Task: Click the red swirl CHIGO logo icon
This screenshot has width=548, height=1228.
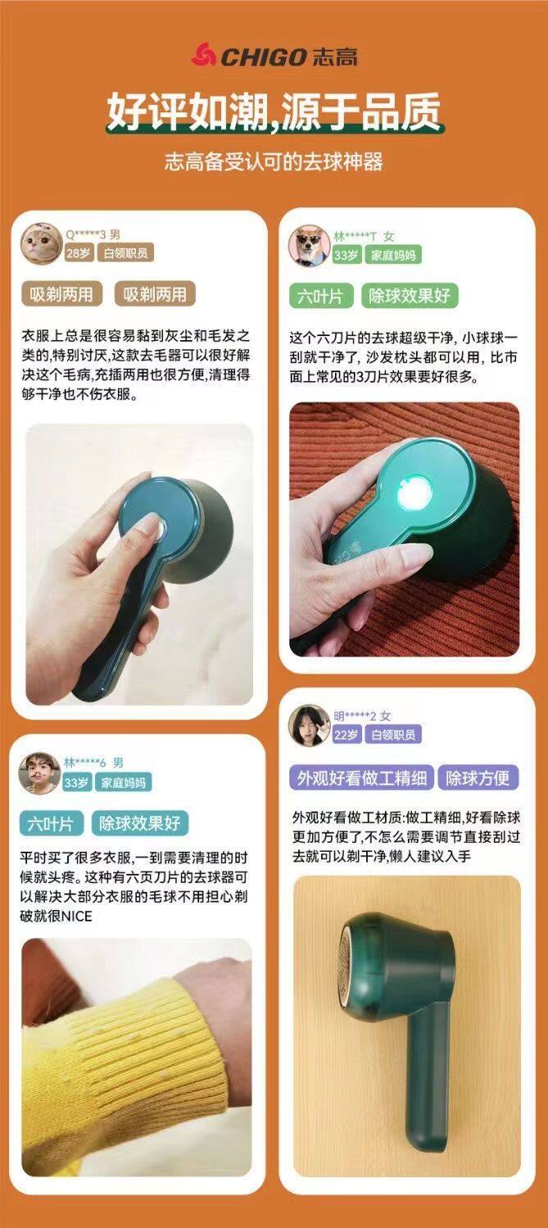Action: pos(203,55)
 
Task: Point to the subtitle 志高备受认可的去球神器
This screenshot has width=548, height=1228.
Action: pos(274,162)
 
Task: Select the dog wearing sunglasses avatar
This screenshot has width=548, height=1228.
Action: pos(309,245)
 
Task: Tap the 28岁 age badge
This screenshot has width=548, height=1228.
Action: pos(79,253)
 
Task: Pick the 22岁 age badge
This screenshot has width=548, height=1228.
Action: pos(346,735)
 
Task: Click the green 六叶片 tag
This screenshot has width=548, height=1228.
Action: pos(320,297)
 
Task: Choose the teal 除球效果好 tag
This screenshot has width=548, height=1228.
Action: pos(139,823)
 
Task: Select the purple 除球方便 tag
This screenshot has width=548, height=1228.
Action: pos(478,778)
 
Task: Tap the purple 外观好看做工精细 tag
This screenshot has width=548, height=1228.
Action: pos(361,778)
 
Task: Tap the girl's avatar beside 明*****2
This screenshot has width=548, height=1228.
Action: pos(309,725)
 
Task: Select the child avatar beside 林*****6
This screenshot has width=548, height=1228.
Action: pos(39,773)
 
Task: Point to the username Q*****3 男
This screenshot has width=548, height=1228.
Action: pos(93,234)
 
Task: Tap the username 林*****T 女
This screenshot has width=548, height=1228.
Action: pos(364,237)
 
